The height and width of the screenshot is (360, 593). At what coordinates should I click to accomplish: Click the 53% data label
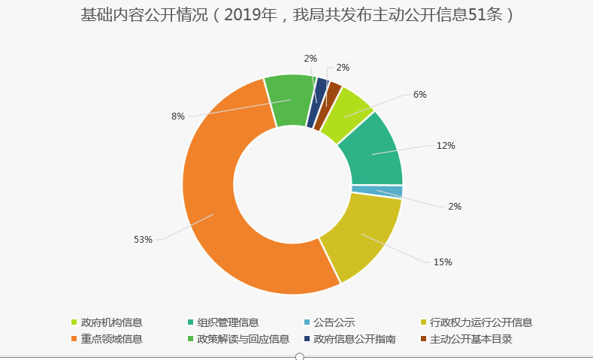coord(143,240)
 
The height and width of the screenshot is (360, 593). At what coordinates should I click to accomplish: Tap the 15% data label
coord(443,262)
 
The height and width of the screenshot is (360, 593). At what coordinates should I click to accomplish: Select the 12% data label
coord(446,146)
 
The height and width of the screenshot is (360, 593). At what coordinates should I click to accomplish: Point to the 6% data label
coord(420,95)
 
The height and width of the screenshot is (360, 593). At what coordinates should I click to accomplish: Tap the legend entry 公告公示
coord(334,323)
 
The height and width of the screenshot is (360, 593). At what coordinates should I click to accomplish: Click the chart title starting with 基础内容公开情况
coord(297,14)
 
